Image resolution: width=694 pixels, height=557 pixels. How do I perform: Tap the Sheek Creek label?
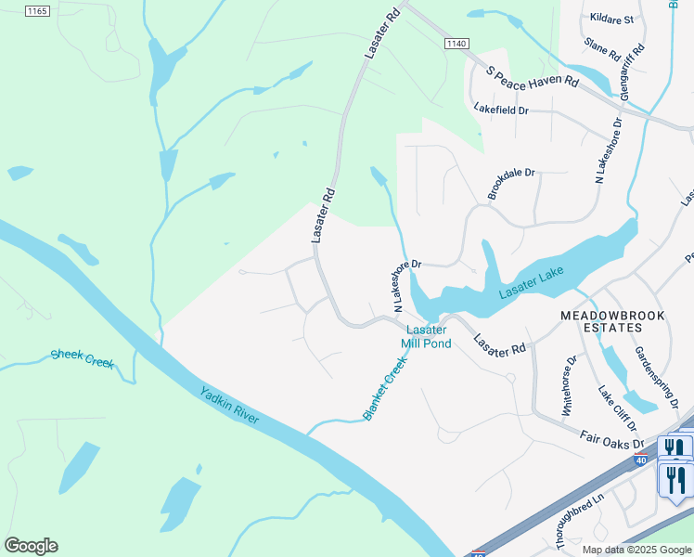[x=82, y=358]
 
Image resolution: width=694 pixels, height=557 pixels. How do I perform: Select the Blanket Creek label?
[x=385, y=390]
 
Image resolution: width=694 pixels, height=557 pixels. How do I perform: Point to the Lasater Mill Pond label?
[x=426, y=336]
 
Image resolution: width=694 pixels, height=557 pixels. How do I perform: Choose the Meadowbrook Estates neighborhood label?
[x=613, y=321]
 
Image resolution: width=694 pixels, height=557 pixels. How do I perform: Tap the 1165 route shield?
[x=36, y=10]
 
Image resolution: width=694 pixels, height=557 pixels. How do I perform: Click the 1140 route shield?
[x=456, y=44]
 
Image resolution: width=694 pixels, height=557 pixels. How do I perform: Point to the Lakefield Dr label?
[x=500, y=110]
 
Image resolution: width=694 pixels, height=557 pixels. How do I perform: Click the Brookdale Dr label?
[x=512, y=184]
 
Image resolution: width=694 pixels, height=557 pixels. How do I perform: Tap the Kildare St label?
[x=610, y=19]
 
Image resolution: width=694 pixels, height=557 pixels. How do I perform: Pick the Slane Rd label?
[x=602, y=50]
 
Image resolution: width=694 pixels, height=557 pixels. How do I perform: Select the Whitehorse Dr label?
[x=569, y=383]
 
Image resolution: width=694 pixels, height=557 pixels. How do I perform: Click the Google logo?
[x=31, y=546]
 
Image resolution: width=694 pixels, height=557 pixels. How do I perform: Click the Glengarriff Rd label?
[x=632, y=71]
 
